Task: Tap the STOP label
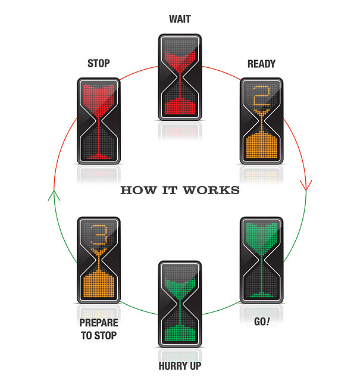pyautogui.click(x=98, y=63)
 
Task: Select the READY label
pyautogui.click(x=262, y=64)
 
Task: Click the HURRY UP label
pyautogui.click(x=180, y=366)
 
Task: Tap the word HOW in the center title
pyautogui.click(x=134, y=191)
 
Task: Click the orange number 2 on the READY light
pyautogui.click(x=262, y=96)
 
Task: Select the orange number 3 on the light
pyautogui.click(x=98, y=236)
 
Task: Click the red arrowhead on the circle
pyautogui.click(x=306, y=185)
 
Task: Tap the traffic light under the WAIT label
pyautogui.click(x=180, y=76)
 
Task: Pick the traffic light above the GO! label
pyautogui.click(x=262, y=260)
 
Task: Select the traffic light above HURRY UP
pyautogui.click(x=180, y=304)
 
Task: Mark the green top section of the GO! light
pyautogui.click(x=262, y=233)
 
